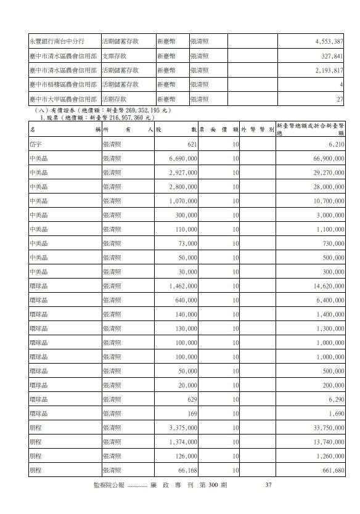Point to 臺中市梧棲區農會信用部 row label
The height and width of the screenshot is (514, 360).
63,84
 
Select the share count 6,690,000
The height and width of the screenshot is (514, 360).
182,158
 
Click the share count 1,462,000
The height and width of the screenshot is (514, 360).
182,286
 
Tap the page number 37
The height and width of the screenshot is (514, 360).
268,485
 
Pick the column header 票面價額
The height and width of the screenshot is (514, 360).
219,129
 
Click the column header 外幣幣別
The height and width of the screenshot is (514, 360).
257,129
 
